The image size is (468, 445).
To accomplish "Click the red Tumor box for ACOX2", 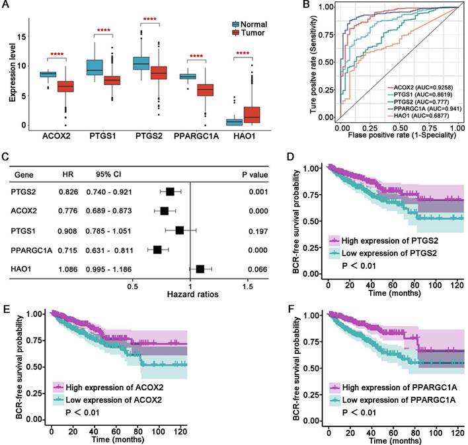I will pyautogui.click(x=65, y=86).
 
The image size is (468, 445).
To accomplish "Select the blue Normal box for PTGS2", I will pyautogui.click(x=141, y=63).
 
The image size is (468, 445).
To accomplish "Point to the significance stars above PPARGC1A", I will pyautogui.click(x=197, y=55).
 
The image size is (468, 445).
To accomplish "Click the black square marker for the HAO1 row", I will pyautogui.click(x=200, y=269).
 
